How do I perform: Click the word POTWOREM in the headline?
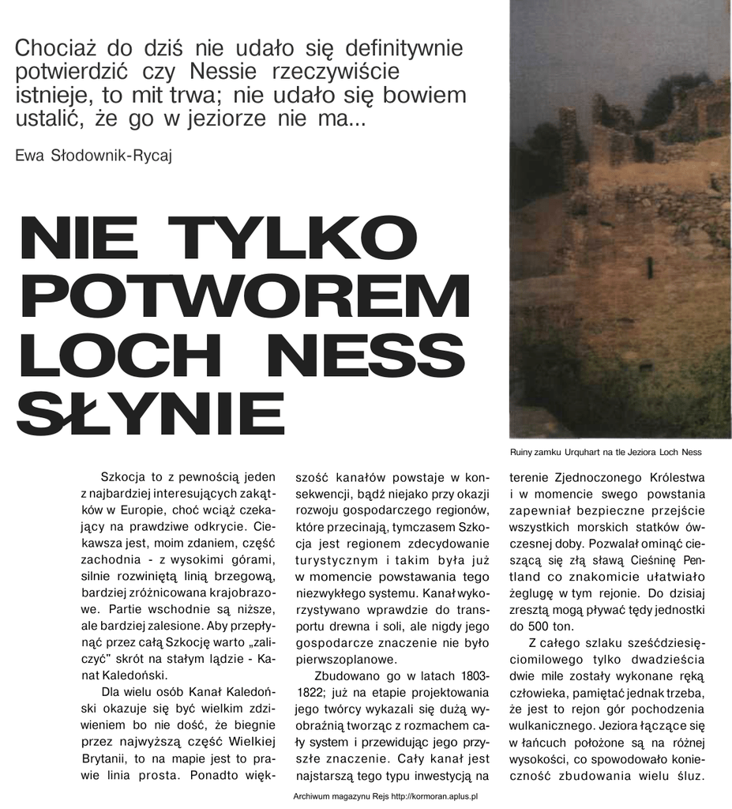[244, 297]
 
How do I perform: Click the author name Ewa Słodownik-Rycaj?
[93, 154]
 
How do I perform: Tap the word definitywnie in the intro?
[404, 48]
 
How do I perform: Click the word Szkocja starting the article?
[125, 478]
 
